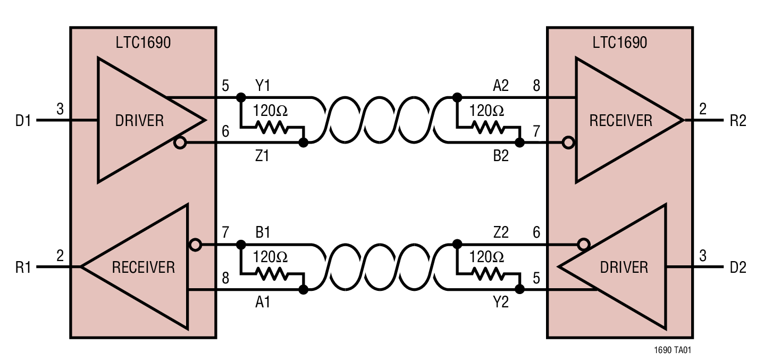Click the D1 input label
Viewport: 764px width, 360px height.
coord(24,121)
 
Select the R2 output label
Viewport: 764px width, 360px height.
coord(738,121)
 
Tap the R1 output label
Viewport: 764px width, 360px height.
coord(24,267)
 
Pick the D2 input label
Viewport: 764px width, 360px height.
coord(738,267)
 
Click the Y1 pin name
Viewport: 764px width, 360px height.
coord(262,85)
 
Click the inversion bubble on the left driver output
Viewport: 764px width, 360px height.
coord(181,143)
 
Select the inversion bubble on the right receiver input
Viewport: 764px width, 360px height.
coord(569,143)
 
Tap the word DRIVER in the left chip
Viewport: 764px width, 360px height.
coord(139,121)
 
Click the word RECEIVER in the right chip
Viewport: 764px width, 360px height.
coord(620,121)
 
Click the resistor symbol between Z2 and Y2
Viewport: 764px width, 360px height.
coord(487,274)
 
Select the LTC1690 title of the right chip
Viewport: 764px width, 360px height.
coord(620,43)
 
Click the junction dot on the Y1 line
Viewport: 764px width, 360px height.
coord(241,97)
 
